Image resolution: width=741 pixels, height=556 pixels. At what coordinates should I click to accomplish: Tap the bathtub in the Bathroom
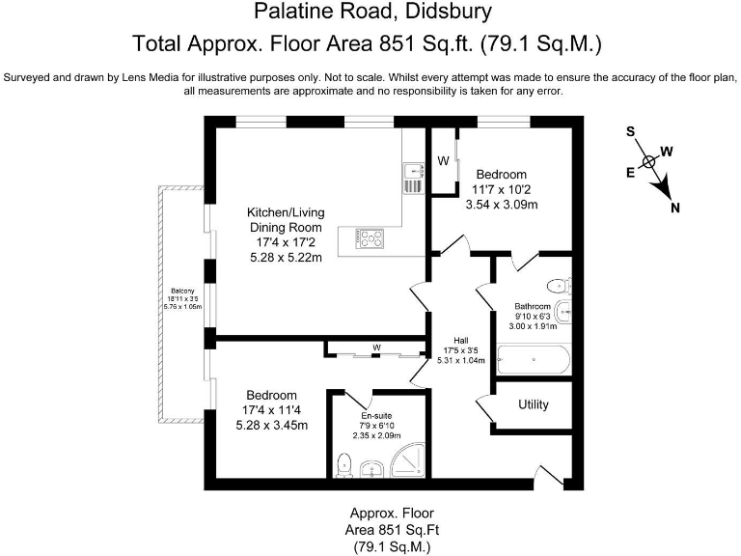532,362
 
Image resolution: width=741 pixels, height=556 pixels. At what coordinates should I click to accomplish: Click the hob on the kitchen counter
371,237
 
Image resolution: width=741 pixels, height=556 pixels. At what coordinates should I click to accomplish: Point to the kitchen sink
412,176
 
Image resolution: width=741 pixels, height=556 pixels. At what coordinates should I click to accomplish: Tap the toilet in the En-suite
344,466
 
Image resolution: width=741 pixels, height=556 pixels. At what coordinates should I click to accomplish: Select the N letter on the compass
675,207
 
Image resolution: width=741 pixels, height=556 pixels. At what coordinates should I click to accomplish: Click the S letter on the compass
629,131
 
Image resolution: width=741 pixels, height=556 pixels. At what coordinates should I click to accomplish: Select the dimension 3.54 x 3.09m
501,204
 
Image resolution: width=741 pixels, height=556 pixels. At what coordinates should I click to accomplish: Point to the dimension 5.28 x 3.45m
277,425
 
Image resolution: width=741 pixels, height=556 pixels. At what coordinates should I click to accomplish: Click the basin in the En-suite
371,470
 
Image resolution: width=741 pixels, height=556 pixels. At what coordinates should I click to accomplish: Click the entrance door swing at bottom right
546,475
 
